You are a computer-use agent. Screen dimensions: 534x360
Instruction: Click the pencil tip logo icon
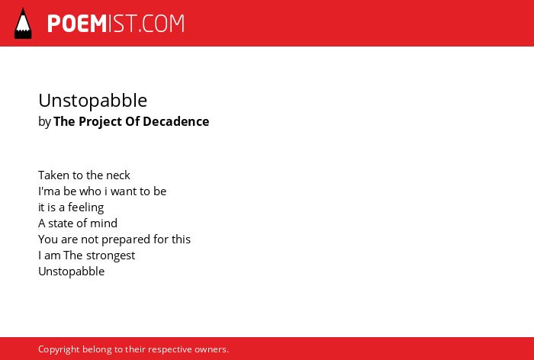click(x=23, y=23)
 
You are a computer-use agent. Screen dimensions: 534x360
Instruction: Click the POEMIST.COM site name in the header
click(x=116, y=24)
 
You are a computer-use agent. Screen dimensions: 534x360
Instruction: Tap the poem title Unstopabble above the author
click(x=92, y=101)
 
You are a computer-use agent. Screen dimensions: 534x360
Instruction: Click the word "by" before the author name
click(x=44, y=122)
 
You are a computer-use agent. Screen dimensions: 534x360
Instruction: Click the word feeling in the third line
click(x=85, y=207)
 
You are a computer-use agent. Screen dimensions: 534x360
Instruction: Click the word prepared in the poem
click(x=126, y=239)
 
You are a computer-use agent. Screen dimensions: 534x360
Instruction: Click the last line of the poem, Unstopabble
click(x=72, y=272)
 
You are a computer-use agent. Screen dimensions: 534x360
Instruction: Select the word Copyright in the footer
click(x=59, y=349)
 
